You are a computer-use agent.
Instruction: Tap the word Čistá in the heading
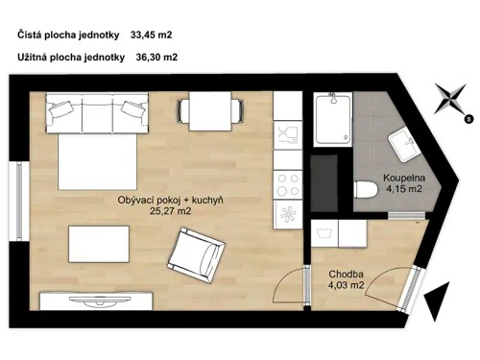click(x=31, y=36)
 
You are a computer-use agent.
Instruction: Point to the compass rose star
click(x=448, y=99)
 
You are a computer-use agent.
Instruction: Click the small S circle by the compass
click(x=468, y=119)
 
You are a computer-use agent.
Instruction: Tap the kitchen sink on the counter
click(x=285, y=136)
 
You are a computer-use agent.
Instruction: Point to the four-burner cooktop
click(x=286, y=181)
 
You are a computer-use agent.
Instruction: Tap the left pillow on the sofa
click(x=60, y=109)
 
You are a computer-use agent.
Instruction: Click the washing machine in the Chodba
click(x=329, y=234)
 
